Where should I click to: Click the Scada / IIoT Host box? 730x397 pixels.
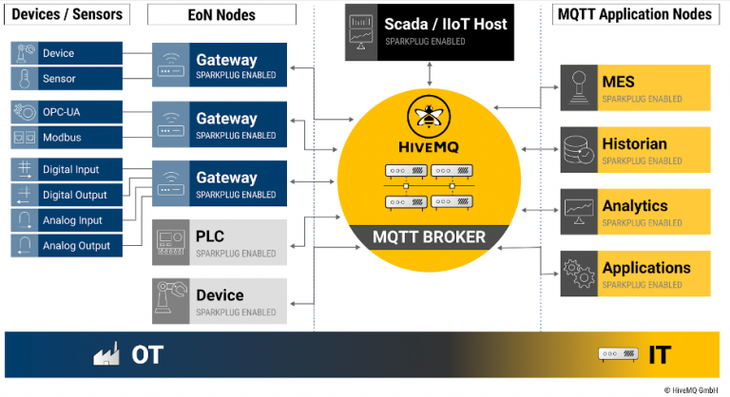432,31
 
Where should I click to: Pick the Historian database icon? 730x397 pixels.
578,150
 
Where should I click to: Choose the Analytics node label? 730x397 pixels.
634,205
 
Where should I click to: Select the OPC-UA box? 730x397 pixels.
67,113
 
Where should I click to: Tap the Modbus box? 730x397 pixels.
67,138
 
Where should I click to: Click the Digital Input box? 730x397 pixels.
67,170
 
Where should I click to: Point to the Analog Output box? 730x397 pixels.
67,245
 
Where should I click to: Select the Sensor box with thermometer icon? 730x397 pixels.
67,79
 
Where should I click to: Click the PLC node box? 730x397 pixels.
220,241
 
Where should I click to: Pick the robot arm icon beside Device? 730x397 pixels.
171,300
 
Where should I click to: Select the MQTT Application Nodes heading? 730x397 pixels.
632,14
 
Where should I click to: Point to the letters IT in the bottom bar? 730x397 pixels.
659,355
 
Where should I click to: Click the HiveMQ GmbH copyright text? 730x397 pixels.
690,389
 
